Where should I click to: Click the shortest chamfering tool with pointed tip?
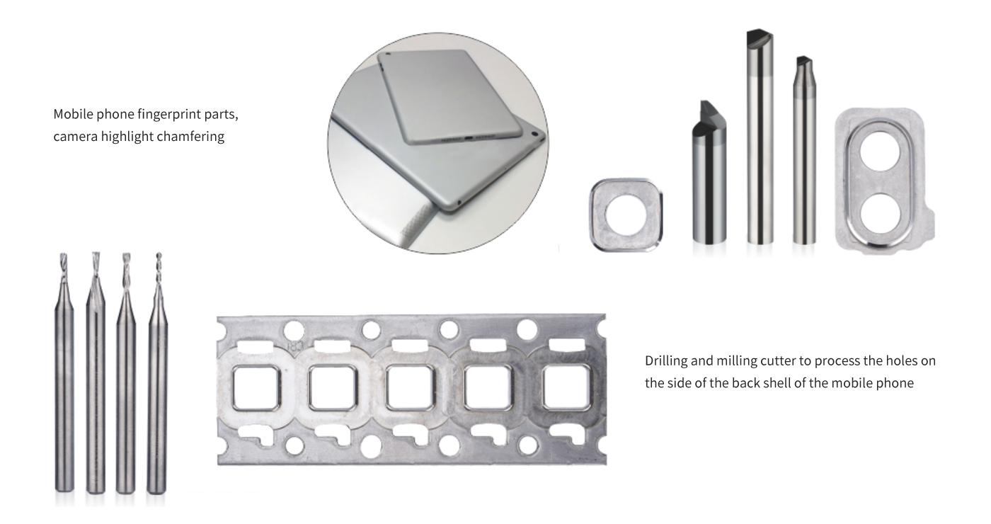pyautogui.click(x=709, y=173)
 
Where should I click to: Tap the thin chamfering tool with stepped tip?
pyautogui.click(x=804, y=150)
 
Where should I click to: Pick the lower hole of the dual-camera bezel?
pyautogui.click(x=880, y=214)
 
